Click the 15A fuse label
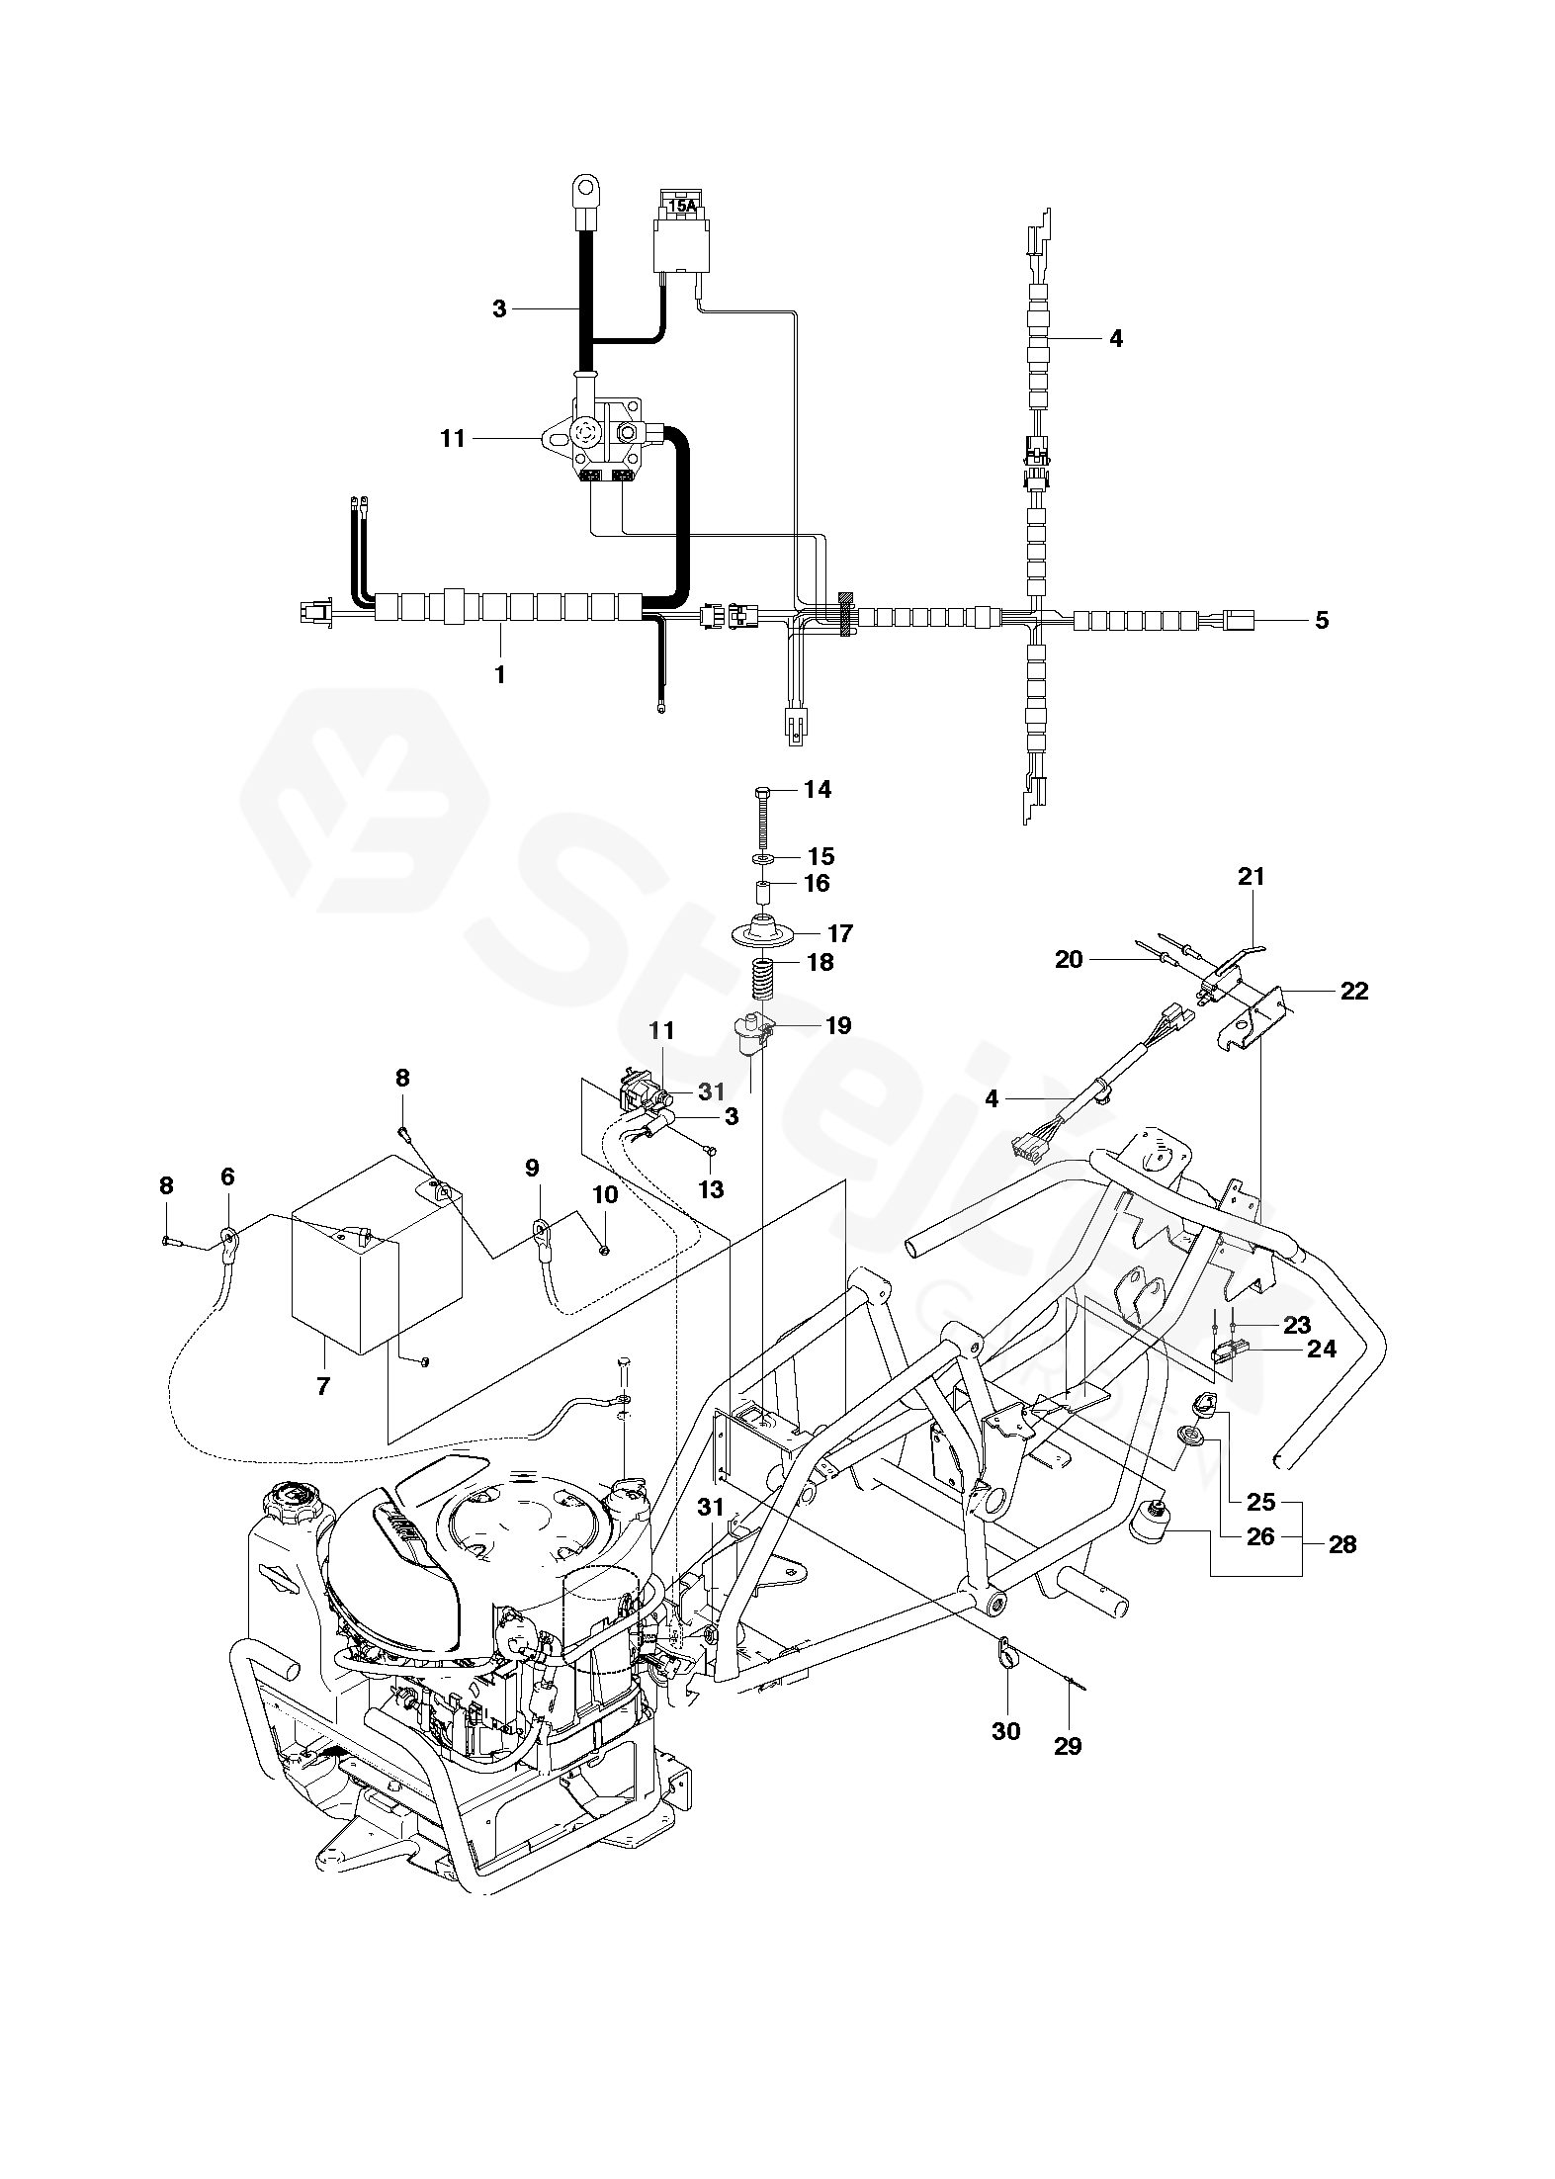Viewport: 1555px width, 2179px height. coord(682,207)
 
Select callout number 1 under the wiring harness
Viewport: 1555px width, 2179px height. coord(499,675)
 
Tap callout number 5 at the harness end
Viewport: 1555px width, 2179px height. coord(1322,621)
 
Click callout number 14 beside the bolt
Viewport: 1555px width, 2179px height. coord(818,789)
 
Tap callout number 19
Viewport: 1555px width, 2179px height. coord(837,1025)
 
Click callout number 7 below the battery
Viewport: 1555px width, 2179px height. coord(323,1386)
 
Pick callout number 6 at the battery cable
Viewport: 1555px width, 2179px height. coord(228,1177)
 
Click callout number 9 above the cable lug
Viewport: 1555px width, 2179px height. coord(533,1169)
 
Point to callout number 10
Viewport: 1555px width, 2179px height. coord(605,1194)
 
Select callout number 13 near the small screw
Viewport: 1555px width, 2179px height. coord(711,1188)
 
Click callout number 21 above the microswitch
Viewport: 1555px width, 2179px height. coord(1251,876)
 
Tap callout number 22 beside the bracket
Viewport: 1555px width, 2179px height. coord(1353,991)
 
